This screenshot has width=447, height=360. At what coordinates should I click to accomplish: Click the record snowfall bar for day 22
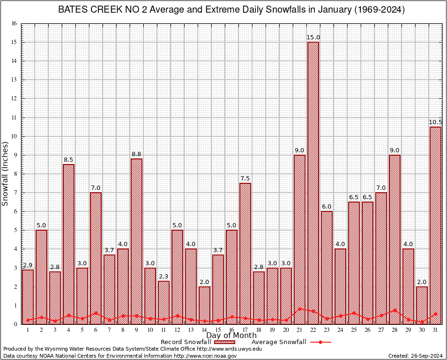(x=313, y=183)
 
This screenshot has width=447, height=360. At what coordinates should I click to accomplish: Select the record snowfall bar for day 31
(x=435, y=225)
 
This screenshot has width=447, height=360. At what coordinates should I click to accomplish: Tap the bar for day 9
(x=136, y=241)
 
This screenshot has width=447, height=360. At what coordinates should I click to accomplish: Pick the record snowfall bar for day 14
(x=204, y=305)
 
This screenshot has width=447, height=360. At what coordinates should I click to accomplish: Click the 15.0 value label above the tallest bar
(x=313, y=37)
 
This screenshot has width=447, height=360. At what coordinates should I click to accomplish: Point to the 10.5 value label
(x=435, y=122)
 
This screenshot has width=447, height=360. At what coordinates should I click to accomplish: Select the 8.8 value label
(x=136, y=154)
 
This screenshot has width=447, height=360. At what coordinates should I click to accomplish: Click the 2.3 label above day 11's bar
(x=164, y=277)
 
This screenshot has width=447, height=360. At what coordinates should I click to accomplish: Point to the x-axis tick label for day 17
(x=245, y=330)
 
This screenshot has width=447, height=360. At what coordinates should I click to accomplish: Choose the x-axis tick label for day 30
(x=422, y=330)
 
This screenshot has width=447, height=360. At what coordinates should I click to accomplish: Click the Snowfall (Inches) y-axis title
(x=6, y=173)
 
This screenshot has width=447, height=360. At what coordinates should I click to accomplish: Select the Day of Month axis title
(x=231, y=336)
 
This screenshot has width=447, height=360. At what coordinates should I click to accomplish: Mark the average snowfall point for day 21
(x=299, y=309)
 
